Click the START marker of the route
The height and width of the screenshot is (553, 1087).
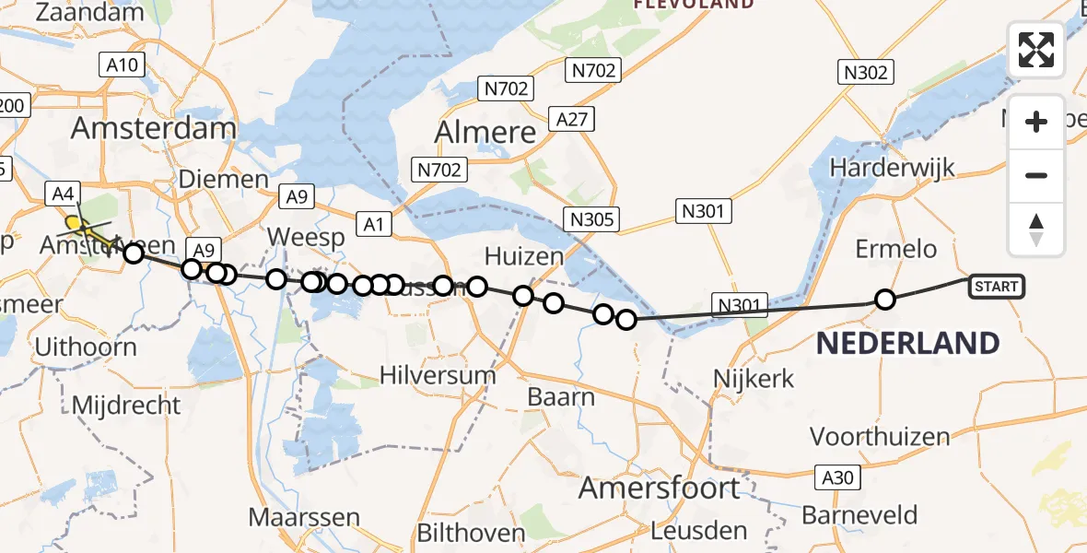(996, 287)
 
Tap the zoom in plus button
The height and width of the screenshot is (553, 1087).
(1036, 122)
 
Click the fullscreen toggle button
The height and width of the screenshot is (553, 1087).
(1036, 50)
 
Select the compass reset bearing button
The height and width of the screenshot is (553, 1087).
(1036, 229)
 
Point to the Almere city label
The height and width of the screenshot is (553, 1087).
(485, 132)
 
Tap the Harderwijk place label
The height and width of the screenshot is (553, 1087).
(892, 168)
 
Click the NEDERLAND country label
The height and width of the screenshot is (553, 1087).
(907, 343)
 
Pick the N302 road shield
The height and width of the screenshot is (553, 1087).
(864, 72)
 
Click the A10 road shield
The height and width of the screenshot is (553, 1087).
(121, 65)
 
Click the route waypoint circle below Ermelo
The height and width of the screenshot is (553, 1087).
(885, 299)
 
